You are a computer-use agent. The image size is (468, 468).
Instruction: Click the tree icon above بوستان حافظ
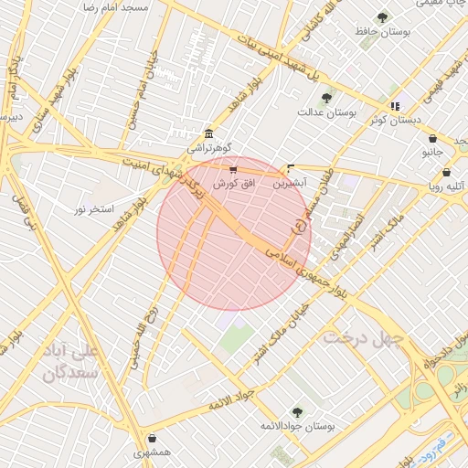[382, 16]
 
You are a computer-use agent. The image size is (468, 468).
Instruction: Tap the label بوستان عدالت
[325, 112]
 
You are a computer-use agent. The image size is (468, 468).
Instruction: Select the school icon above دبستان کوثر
[395, 106]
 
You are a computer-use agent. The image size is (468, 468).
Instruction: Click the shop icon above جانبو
[432, 139]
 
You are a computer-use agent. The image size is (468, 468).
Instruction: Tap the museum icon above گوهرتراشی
[209, 133]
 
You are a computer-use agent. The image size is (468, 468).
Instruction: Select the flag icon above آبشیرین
[291, 168]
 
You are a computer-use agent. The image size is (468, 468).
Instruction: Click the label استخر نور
[94, 209]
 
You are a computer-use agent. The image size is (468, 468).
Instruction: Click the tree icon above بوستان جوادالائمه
[296, 412]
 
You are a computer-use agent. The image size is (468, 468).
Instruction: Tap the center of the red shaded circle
[234, 234]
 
